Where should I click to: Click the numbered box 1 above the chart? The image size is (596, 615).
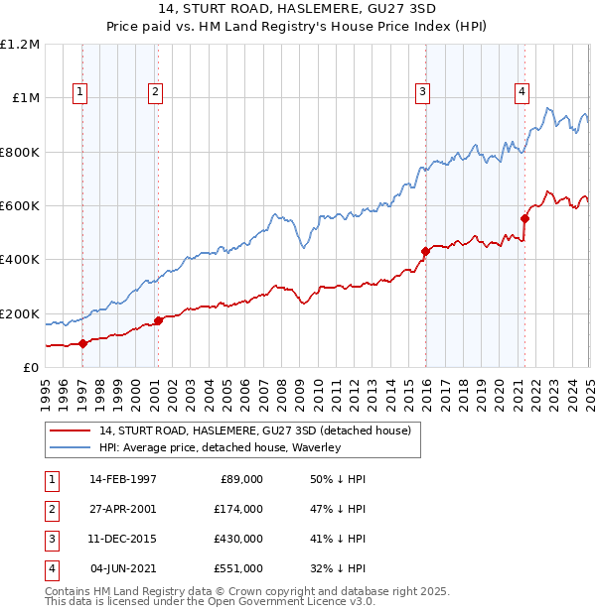tap(79, 92)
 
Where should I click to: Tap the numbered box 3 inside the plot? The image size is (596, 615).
tap(423, 92)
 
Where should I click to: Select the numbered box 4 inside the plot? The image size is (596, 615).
tap(521, 92)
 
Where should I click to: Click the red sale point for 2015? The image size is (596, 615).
tap(425, 251)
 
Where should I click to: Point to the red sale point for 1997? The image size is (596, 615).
tap(83, 343)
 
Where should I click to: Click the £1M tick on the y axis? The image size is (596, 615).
tap(23, 98)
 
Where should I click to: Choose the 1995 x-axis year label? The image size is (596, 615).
tap(46, 392)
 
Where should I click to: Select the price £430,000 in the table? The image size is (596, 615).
tap(238, 539)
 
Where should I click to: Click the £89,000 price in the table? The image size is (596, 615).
tap(241, 479)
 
